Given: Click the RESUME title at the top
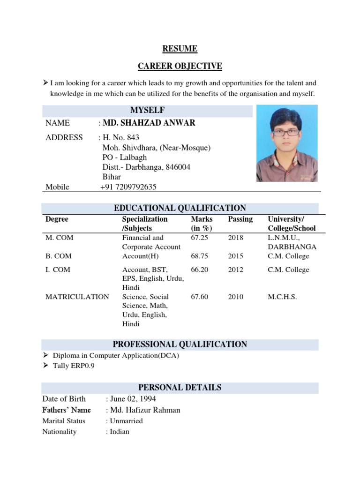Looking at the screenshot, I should (x=180, y=49).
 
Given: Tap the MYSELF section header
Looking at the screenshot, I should (x=148, y=110).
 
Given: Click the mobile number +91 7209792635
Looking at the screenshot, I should (x=128, y=187).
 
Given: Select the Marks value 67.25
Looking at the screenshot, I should (x=199, y=238).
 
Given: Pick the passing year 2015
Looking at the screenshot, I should (x=236, y=256).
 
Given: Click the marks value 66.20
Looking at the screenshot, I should (x=199, y=270).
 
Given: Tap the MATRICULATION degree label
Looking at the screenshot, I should (x=77, y=297).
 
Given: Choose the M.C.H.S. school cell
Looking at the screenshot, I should (x=282, y=297).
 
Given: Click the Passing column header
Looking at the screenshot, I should (x=240, y=219).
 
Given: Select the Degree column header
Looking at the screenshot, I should (x=57, y=219).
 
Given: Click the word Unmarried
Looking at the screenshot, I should (x=126, y=421).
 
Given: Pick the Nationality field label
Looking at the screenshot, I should (x=59, y=432).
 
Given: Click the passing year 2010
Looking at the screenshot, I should (x=236, y=297).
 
